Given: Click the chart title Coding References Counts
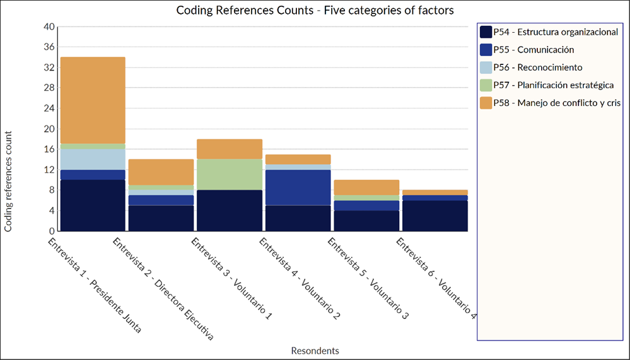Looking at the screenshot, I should [315, 10].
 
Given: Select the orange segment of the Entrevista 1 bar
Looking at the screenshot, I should [93, 100].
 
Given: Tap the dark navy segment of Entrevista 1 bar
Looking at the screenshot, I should [93, 205].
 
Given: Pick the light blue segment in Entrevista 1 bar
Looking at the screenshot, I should [93, 159].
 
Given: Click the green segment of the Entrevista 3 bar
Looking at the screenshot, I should [230, 174].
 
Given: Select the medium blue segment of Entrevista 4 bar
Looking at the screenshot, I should [298, 187].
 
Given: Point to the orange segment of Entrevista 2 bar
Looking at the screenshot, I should [161, 171].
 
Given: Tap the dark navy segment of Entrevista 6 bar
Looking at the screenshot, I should [435, 216].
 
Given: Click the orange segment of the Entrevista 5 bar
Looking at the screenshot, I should [366, 187].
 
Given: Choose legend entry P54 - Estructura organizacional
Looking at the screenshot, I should [556, 32].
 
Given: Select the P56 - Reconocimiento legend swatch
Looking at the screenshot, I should [486, 67].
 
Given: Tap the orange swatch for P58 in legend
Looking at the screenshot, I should [486, 103].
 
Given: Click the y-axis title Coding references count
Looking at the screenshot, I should [8, 182].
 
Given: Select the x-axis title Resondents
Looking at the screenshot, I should [315, 351].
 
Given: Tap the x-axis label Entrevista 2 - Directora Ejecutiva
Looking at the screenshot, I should [163, 289].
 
